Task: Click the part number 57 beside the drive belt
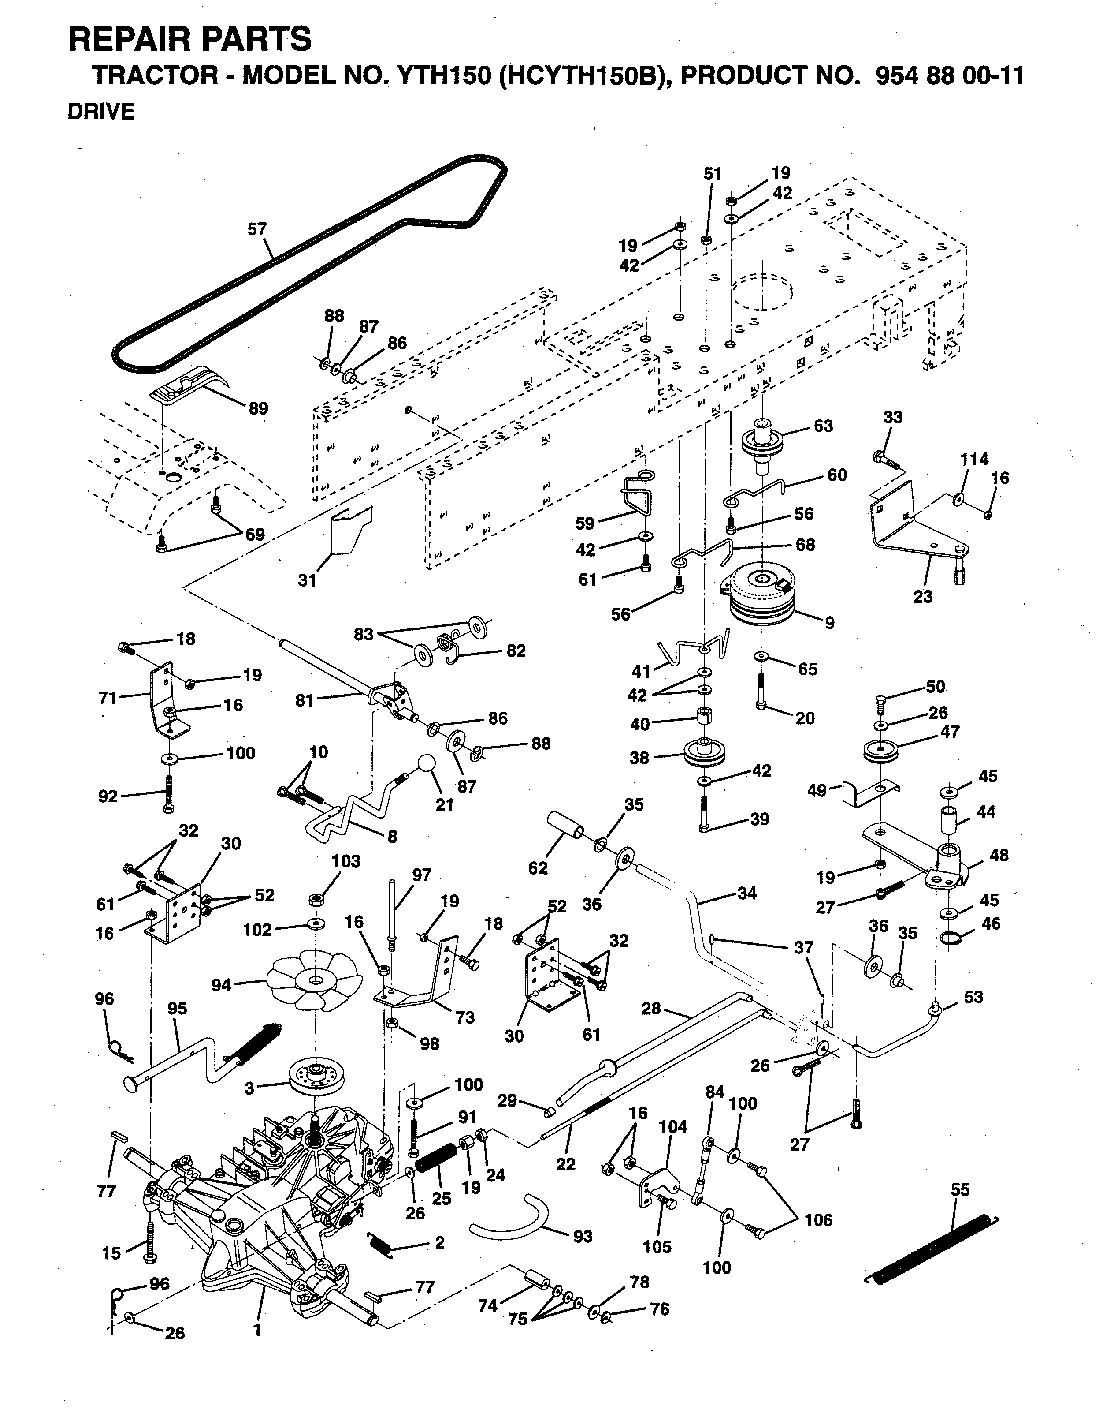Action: click(257, 229)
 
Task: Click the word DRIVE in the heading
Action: click(101, 112)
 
